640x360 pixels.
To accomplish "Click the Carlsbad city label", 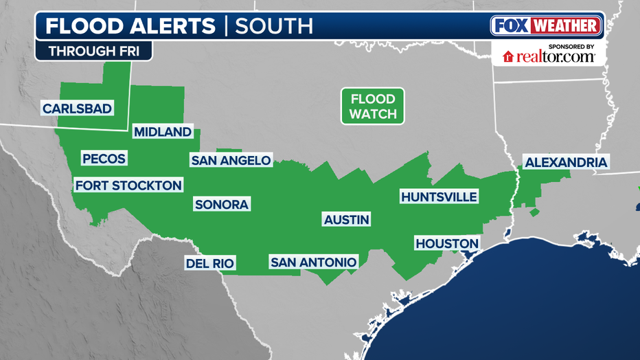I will pyautogui.click(x=77, y=109).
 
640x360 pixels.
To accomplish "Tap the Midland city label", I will pyautogui.click(x=162, y=132).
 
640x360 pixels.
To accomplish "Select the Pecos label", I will pyautogui.click(x=104, y=159).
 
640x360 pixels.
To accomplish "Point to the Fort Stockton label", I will pyautogui.click(x=128, y=185).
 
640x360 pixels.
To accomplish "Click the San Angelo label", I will pyautogui.click(x=231, y=161).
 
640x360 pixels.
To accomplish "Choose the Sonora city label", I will pyautogui.click(x=221, y=204).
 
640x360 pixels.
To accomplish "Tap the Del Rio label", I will pyautogui.click(x=210, y=262).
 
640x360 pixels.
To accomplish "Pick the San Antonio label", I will pyautogui.click(x=313, y=262).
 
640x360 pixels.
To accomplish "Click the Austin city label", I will pyautogui.click(x=347, y=220).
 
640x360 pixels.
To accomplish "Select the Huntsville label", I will pyautogui.click(x=439, y=197).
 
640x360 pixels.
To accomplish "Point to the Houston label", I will pyautogui.click(x=446, y=244).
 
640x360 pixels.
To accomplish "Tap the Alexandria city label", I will pyautogui.click(x=566, y=163).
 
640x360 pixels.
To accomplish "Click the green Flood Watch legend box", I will pyautogui.click(x=373, y=106).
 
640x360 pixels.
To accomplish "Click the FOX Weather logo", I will pyautogui.click(x=547, y=26).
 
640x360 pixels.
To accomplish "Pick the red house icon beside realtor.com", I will pyautogui.click(x=509, y=56).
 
